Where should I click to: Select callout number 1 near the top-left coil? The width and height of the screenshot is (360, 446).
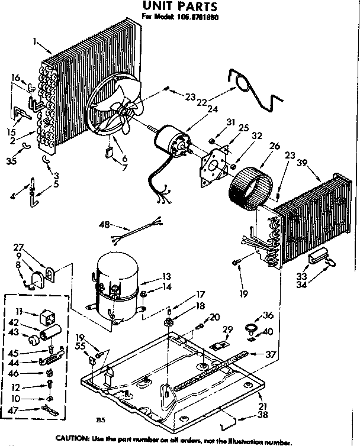tap(36, 41)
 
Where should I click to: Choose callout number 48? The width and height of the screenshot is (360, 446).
tap(104, 225)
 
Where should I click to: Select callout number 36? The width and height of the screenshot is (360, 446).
tap(268, 315)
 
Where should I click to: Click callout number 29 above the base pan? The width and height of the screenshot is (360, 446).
tap(227, 329)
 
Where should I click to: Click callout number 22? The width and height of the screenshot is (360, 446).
tap(201, 102)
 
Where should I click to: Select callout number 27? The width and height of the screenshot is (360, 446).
tap(18, 247)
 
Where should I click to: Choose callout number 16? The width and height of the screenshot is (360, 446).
tap(16, 77)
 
